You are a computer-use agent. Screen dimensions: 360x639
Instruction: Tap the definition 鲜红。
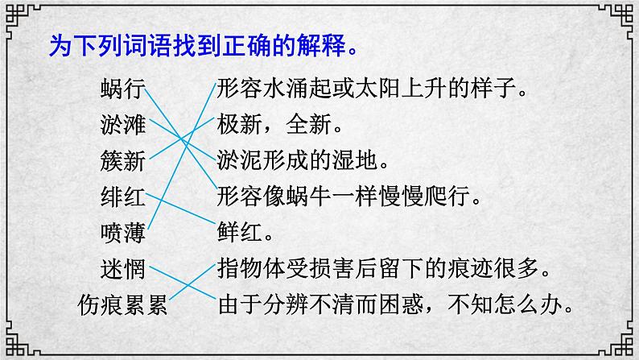[x=245, y=233]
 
